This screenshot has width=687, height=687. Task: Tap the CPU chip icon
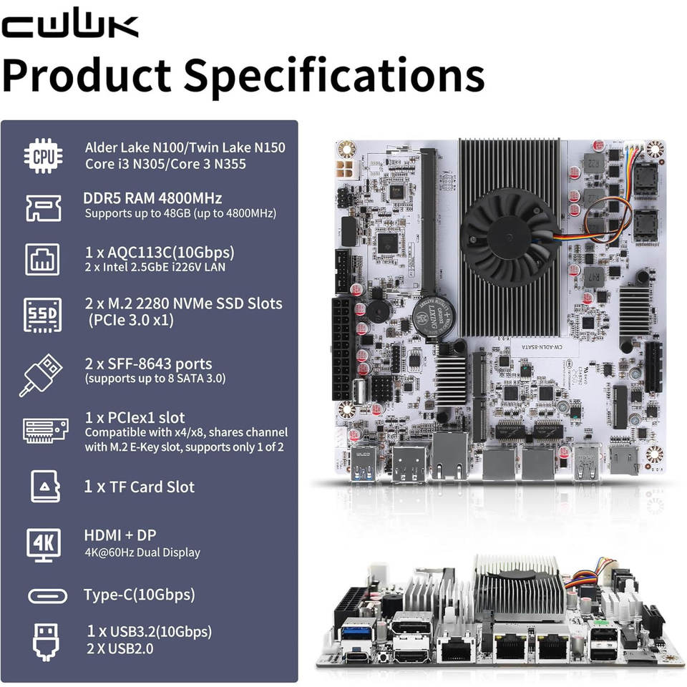pos(42,155)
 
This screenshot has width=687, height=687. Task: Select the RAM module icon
pos(42,206)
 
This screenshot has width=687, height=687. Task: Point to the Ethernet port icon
pos(42,259)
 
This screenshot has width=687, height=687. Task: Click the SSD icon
pos(42,313)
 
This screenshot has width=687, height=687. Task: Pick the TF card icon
pos(42,486)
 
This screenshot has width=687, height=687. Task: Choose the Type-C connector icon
pos(47,595)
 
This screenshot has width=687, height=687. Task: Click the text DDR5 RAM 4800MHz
pos(153,198)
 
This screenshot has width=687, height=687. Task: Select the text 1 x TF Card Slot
pos(140,487)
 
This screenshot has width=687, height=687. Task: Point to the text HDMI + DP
pos(120,535)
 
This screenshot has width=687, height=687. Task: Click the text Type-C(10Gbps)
pos(139,595)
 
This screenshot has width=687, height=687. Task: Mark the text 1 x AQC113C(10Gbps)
pos(159,253)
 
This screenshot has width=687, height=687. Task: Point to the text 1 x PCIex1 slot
pos(135,417)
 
